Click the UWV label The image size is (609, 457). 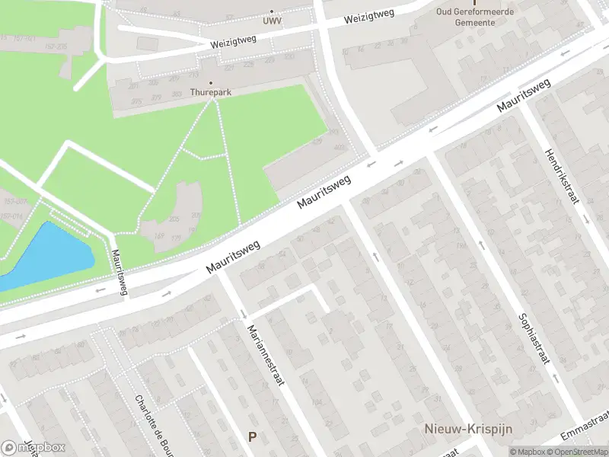click(x=271, y=21)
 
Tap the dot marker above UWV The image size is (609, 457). click(x=272, y=11)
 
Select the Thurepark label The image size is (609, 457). click(x=211, y=92)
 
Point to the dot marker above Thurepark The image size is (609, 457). click(x=211, y=83)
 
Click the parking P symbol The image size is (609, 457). click(x=252, y=436)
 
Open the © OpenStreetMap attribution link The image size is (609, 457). click(x=578, y=452)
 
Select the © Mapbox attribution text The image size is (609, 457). click(x=528, y=452)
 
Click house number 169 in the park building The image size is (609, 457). click(x=159, y=236)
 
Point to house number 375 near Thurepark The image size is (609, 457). click(x=136, y=101)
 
